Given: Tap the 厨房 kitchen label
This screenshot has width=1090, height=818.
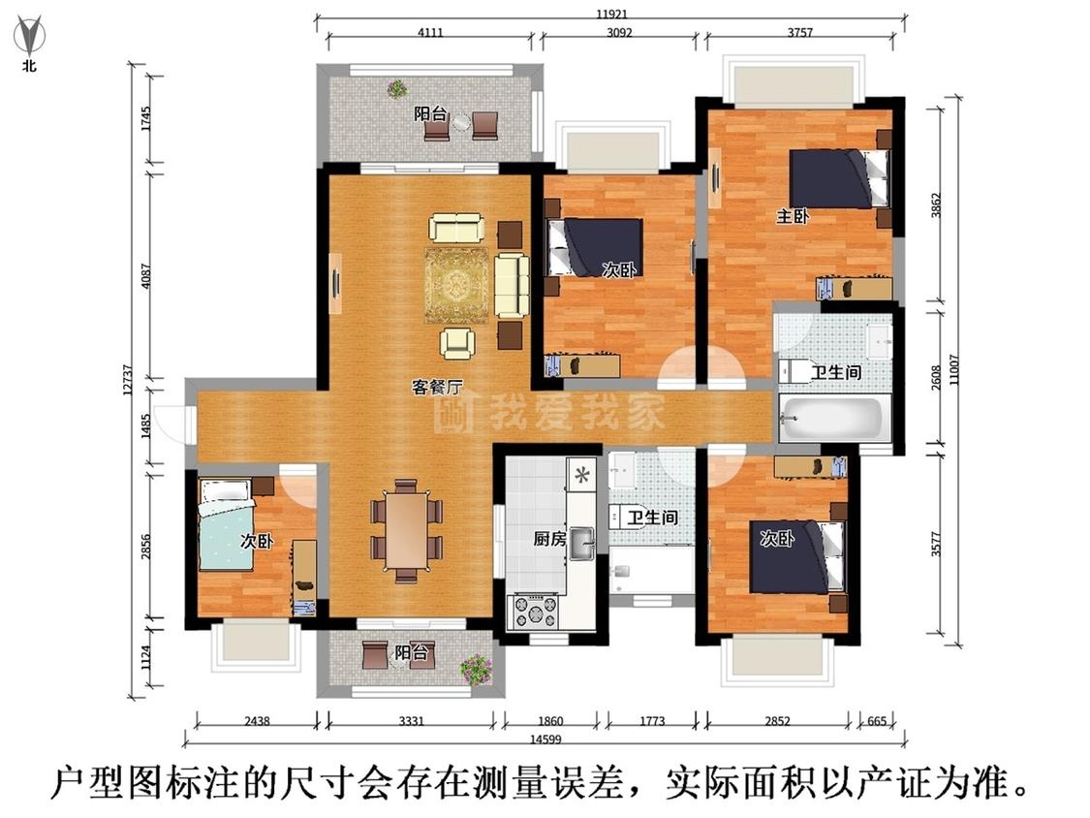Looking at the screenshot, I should [x=547, y=540].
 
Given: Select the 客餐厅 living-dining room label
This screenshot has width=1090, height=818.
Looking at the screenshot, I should [x=437, y=387].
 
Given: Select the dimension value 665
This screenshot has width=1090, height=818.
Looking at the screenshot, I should [x=876, y=721].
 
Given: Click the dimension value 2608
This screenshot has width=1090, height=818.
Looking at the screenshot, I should [x=936, y=375].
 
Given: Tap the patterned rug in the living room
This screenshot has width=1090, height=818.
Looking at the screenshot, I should [x=456, y=285].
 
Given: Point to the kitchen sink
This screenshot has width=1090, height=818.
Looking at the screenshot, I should [x=581, y=543].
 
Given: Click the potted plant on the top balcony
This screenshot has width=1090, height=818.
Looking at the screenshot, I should [x=397, y=89].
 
